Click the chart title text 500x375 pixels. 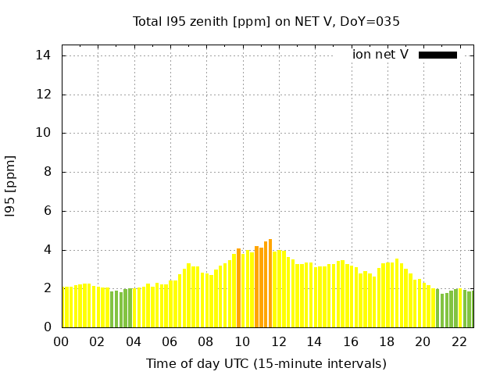[266, 22]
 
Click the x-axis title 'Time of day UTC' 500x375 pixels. [266, 363]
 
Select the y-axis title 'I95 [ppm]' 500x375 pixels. [11, 186]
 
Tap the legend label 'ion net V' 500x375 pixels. [380, 55]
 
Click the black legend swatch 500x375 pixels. [437, 55]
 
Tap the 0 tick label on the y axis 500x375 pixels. [47, 327]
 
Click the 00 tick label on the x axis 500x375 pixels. [61, 341]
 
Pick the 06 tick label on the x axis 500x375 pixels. [170, 341]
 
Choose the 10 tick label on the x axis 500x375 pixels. [242, 341]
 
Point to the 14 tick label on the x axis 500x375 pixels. [314, 341]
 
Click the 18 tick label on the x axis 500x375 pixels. [387, 341]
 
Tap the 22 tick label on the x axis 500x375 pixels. [459, 341]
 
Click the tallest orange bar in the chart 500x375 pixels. [270, 284]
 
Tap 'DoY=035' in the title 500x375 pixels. [373, 22]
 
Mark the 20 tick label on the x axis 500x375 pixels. [423, 341]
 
